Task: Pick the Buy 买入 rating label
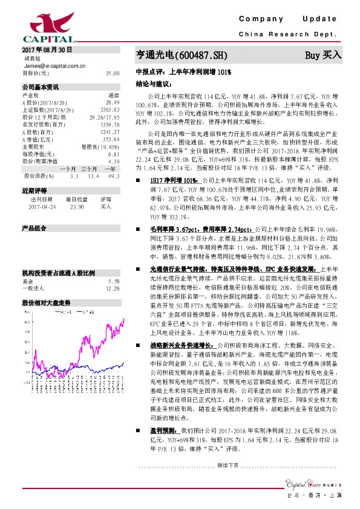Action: (x=323, y=54)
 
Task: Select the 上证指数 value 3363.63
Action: (x=110, y=109)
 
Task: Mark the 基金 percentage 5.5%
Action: (x=114, y=264)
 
